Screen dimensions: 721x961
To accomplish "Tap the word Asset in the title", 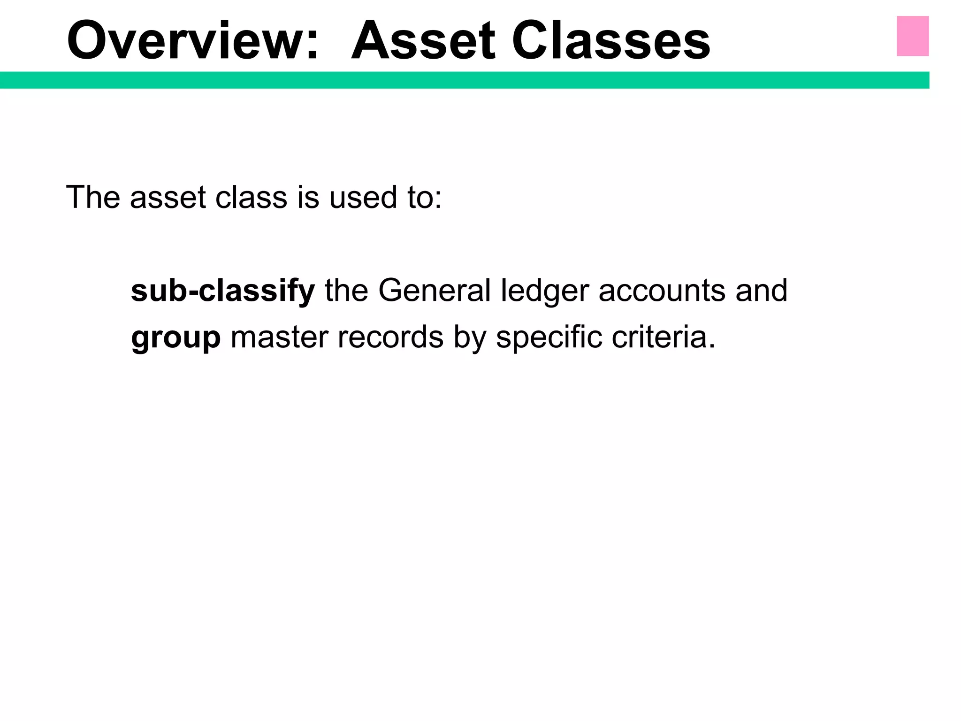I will tap(423, 41).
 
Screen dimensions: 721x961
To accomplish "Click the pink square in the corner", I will tap(913, 36).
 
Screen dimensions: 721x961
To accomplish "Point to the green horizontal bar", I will tap(465, 80).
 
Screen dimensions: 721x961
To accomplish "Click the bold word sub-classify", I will tap(223, 291).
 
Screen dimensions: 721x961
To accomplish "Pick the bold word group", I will tap(176, 338).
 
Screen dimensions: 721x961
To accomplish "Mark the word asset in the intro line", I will tap(168, 198).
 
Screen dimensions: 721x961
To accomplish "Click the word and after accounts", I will tap(761, 291).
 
